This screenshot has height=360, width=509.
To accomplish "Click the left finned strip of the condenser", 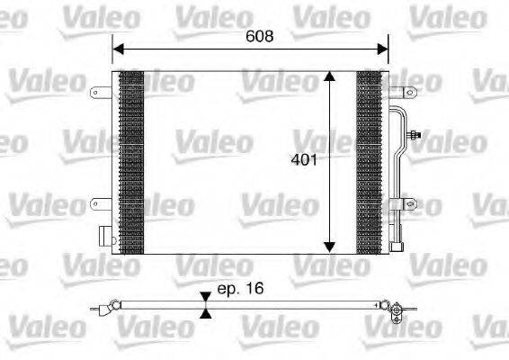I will (x=131, y=162).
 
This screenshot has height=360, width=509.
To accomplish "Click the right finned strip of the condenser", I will (x=369, y=162).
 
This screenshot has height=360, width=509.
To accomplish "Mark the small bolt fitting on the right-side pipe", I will (x=414, y=136).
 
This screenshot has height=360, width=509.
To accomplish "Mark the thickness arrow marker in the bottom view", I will (x=207, y=306).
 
